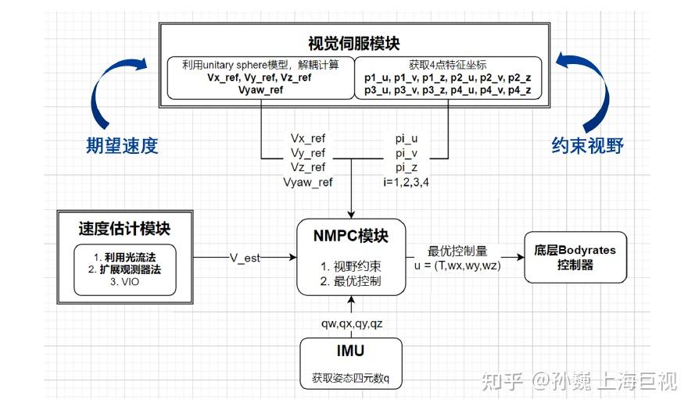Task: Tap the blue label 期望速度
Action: click(122, 145)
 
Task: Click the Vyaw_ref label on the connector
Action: click(307, 182)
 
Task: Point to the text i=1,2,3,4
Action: click(406, 182)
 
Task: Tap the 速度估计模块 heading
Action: click(124, 229)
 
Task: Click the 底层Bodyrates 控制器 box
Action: click(575, 257)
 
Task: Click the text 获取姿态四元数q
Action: click(350, 380)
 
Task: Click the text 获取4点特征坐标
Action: click(448, 64)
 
